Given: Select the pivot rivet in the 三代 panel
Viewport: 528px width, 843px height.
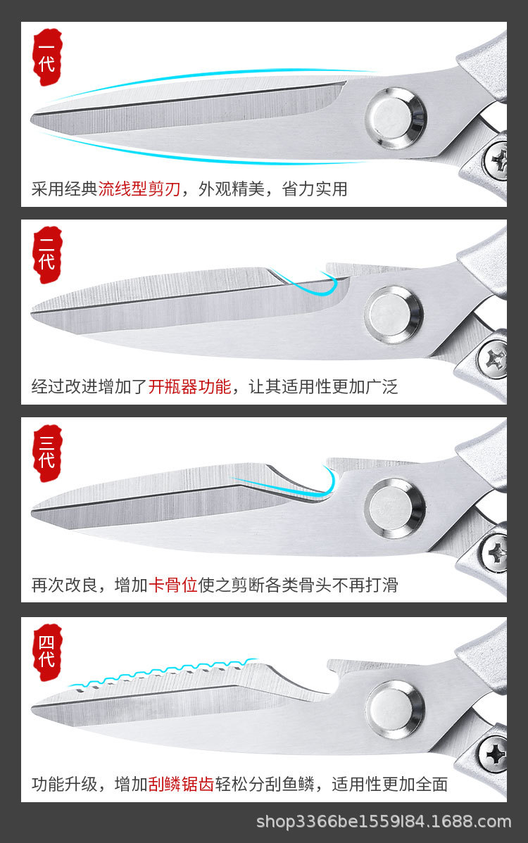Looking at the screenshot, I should (x=394, y=507).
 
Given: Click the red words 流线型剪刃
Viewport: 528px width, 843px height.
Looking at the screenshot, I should (x=139, y=189).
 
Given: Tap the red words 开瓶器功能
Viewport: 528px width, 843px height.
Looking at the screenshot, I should (x=189, y=386).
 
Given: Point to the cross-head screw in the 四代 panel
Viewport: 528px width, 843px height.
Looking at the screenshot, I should (x=494, y=754).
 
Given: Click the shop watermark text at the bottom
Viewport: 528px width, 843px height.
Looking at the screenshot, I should (x=384, y=822).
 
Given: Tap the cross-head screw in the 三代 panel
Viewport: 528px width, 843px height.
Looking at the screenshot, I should (x=496, y=551).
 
